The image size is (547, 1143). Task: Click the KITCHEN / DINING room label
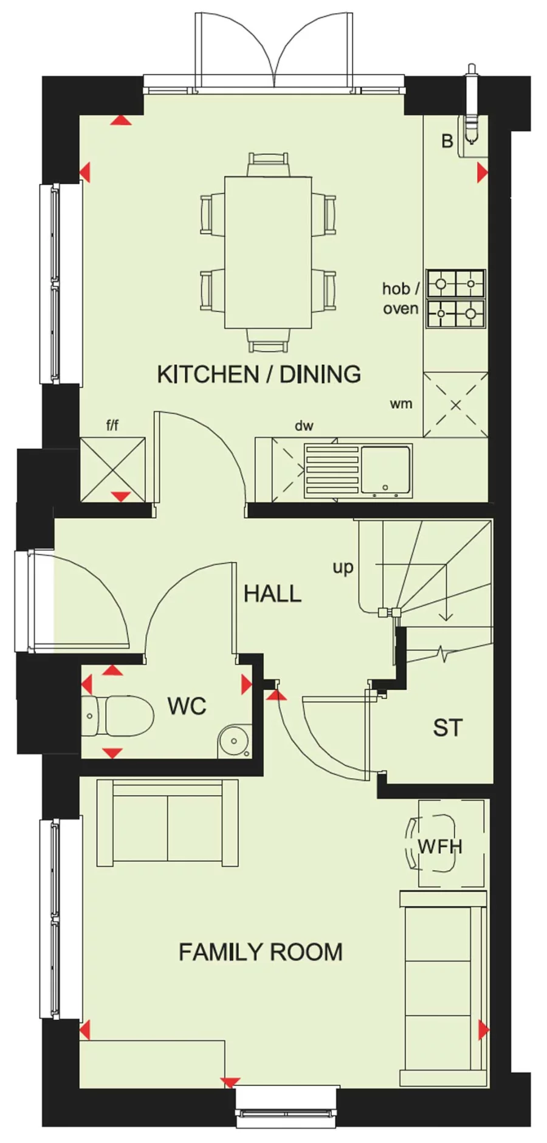point(259,374)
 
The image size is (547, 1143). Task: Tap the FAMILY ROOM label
point(260,951)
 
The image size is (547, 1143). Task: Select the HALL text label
point(272,593)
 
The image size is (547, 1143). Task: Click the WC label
point(187,706)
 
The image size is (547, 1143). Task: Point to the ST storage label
point(447,728)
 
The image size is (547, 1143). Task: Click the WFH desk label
point(440,846)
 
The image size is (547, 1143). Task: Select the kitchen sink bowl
point(385,469)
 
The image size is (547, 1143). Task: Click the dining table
point(267,252)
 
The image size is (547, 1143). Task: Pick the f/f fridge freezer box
point(113,469)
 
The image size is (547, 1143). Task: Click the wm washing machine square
point(455,404)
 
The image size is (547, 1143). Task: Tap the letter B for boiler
point(447,142)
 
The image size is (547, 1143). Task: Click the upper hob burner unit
point(456,283)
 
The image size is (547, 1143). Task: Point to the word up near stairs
point(343,567)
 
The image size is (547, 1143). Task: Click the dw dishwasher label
point(304,426)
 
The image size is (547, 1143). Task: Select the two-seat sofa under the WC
point(167,823)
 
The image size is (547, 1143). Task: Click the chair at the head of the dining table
point(267,165)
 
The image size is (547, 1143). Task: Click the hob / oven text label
point(401,298)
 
